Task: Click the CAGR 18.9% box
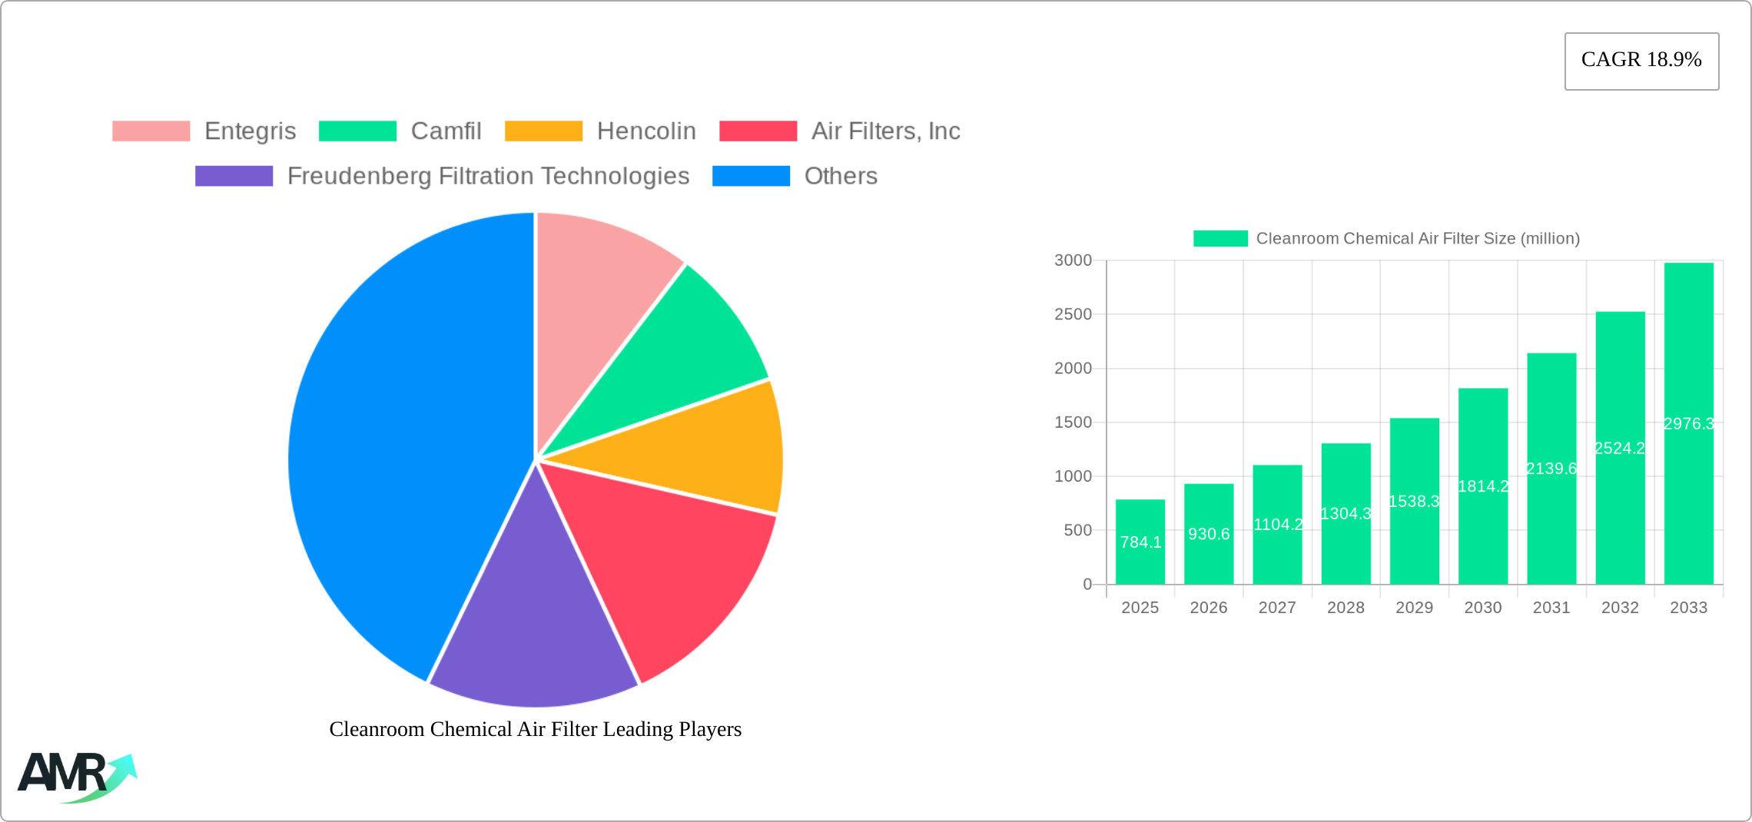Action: click(1641, 61)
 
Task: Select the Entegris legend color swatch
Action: click(151, 131)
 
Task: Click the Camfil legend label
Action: click(446, 131)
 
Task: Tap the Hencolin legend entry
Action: click(645, 131)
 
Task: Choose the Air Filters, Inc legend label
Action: click(885, 131)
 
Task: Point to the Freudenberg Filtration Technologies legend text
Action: click(488, 176)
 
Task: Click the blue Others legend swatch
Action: click(751, 176)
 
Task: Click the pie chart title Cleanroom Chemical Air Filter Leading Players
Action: click(536, 729)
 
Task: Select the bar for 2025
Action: click(1140, 542)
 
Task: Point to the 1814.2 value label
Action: click(1483, 486)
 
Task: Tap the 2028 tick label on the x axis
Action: click(1346, 608)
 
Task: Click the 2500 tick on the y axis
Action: click(1073, 314)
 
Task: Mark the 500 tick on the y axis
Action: click(1077, 530)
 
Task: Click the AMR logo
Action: click(75, 776)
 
